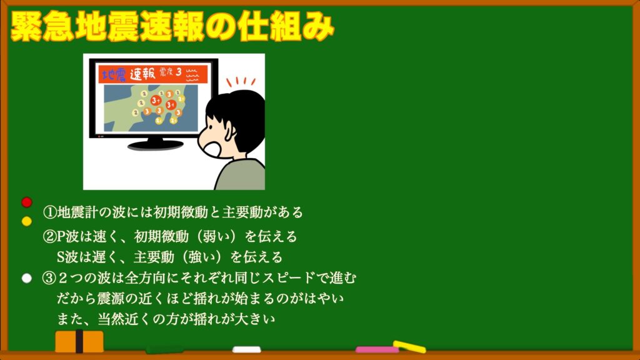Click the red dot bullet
[x=26, y=202]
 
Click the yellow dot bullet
[x=26, y=221]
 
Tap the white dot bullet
[x=26, y=278]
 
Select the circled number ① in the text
[x=49, y=212]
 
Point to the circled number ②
[x=49, y=236]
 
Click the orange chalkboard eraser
[x=79, y=341]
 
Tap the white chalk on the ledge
[x=246, y=349]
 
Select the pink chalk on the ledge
[x=376, y=350]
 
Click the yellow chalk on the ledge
[x=409, y=346]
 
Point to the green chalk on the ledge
[x=164, y=350]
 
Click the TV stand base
[x=155, y=144]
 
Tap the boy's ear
[x=229, y=131]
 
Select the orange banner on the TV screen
[x=153, y=74]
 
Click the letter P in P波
[x=61, y=237]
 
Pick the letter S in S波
[x=61, y=257]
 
